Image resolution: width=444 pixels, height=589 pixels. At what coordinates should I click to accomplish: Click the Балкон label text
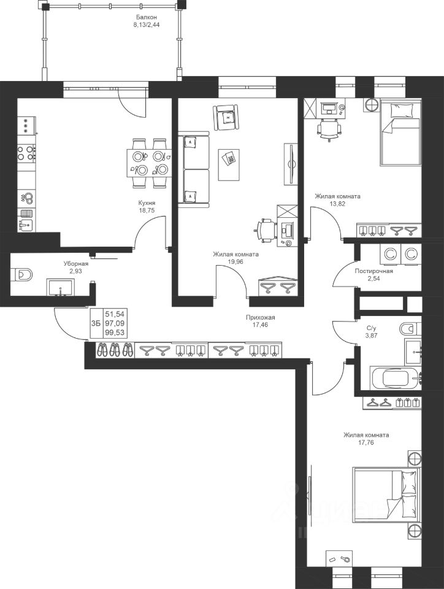pos(147,17)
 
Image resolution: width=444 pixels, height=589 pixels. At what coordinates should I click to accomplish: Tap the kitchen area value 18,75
pos(147,210)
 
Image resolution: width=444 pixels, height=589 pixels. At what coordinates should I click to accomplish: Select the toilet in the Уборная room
pos(23,274)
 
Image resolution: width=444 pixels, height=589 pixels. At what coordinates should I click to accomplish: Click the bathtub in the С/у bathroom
pos(396,378)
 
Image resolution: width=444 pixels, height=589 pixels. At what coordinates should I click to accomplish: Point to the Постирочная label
pos(374,271)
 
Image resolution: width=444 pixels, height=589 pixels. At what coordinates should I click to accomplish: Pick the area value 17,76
pos(366,442)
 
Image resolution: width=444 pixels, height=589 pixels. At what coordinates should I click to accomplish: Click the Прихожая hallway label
pos(261,317)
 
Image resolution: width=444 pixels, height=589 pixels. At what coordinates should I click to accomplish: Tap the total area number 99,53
pos(115,333)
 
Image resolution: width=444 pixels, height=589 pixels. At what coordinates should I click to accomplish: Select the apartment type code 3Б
pos(96,323)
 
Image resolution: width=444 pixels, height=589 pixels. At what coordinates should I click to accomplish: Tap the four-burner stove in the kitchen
pos(27,153)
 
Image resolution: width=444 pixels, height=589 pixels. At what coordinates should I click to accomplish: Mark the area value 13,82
pos(337,204)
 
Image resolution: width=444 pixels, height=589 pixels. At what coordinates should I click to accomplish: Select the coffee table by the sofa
pos(229,164)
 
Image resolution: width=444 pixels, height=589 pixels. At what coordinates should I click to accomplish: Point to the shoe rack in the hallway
pos(115,350)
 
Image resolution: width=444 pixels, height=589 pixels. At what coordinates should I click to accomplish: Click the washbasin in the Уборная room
pos(61,287)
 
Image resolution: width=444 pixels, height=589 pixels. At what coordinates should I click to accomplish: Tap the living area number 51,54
pos(115,314)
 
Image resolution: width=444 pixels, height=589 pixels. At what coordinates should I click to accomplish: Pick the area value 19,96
pos(235,262)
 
